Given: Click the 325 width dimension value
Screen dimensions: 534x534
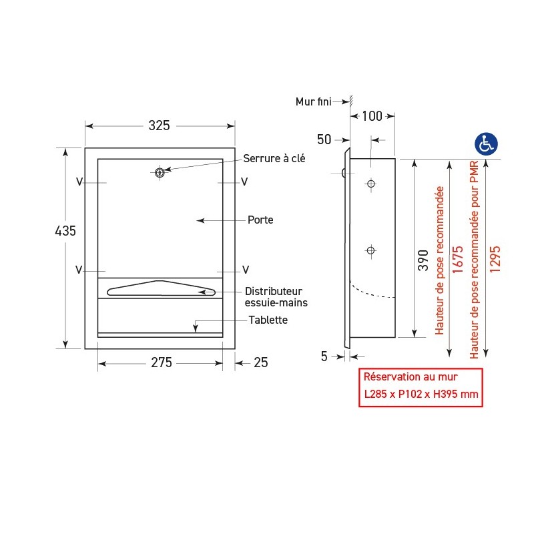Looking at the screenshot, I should [159, 125].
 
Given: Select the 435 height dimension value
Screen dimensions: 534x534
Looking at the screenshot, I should [65, 231].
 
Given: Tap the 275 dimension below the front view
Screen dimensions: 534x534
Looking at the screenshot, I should [161, 363].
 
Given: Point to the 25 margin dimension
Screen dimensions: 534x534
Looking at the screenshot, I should [261, 363].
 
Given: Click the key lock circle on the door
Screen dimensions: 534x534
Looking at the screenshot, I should [160, 173].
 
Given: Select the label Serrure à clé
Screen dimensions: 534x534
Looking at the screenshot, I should [274, 158].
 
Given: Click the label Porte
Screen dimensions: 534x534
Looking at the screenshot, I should [260, 220].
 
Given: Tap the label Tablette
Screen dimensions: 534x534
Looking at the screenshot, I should [268, 320].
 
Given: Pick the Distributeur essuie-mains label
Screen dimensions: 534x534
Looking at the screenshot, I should [273, 297].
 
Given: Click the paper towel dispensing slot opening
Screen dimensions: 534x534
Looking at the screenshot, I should [161, 288].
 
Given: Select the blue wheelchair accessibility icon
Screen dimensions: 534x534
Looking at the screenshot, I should [486, 144].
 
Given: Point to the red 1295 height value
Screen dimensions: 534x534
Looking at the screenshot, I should [495, 258].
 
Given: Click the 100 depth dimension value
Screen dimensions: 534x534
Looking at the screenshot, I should [372, 117].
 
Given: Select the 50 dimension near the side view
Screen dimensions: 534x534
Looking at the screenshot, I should [324, 140].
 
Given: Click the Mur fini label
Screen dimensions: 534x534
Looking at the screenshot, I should [314, 101].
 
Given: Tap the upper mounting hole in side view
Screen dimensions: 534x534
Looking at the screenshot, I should [371, 184].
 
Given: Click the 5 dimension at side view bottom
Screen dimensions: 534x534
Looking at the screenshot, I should [324, 356].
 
